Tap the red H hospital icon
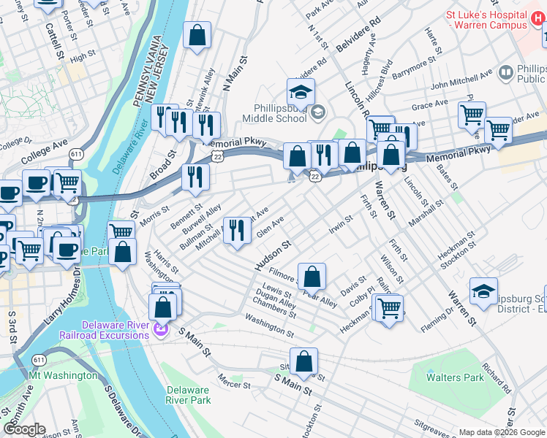(x=518, y=25)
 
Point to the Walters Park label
(x=455, y=377)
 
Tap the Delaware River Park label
(x=188, y=395)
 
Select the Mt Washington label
(x=63, y=375)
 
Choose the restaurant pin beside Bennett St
(x=195, y=177)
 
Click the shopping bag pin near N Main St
(x=197, y=36)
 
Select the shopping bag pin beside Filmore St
(x=312, y=277)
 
